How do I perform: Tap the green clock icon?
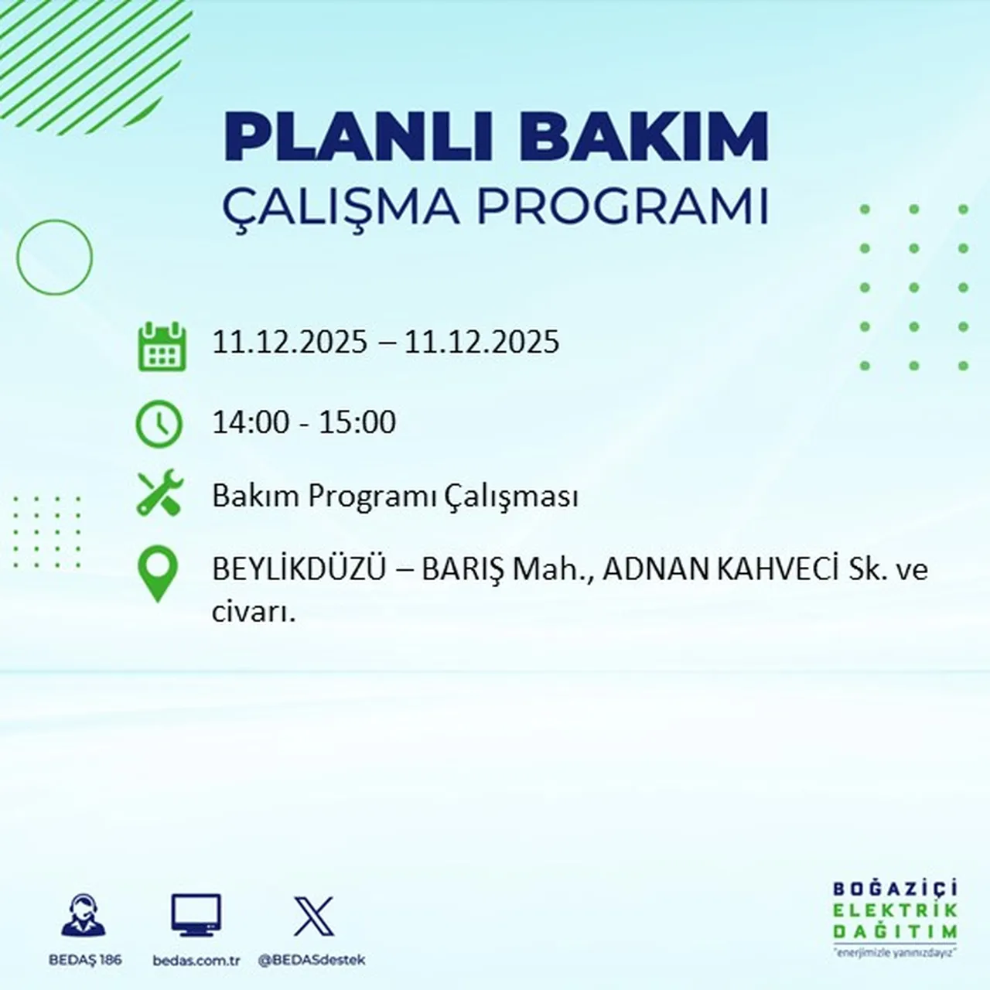(x=159, y=424)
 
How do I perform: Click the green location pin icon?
(x=157, y=573)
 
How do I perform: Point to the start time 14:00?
(x=251, y=422)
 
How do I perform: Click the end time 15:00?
(x=357, y=422)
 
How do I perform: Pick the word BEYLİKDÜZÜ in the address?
(x=299, y=570)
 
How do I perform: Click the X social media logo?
(x=313, y=917)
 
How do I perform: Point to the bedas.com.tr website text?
(x=196, y=961)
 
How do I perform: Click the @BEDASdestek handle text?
(x=311, y=961)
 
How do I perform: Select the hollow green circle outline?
(x=54, y=257)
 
